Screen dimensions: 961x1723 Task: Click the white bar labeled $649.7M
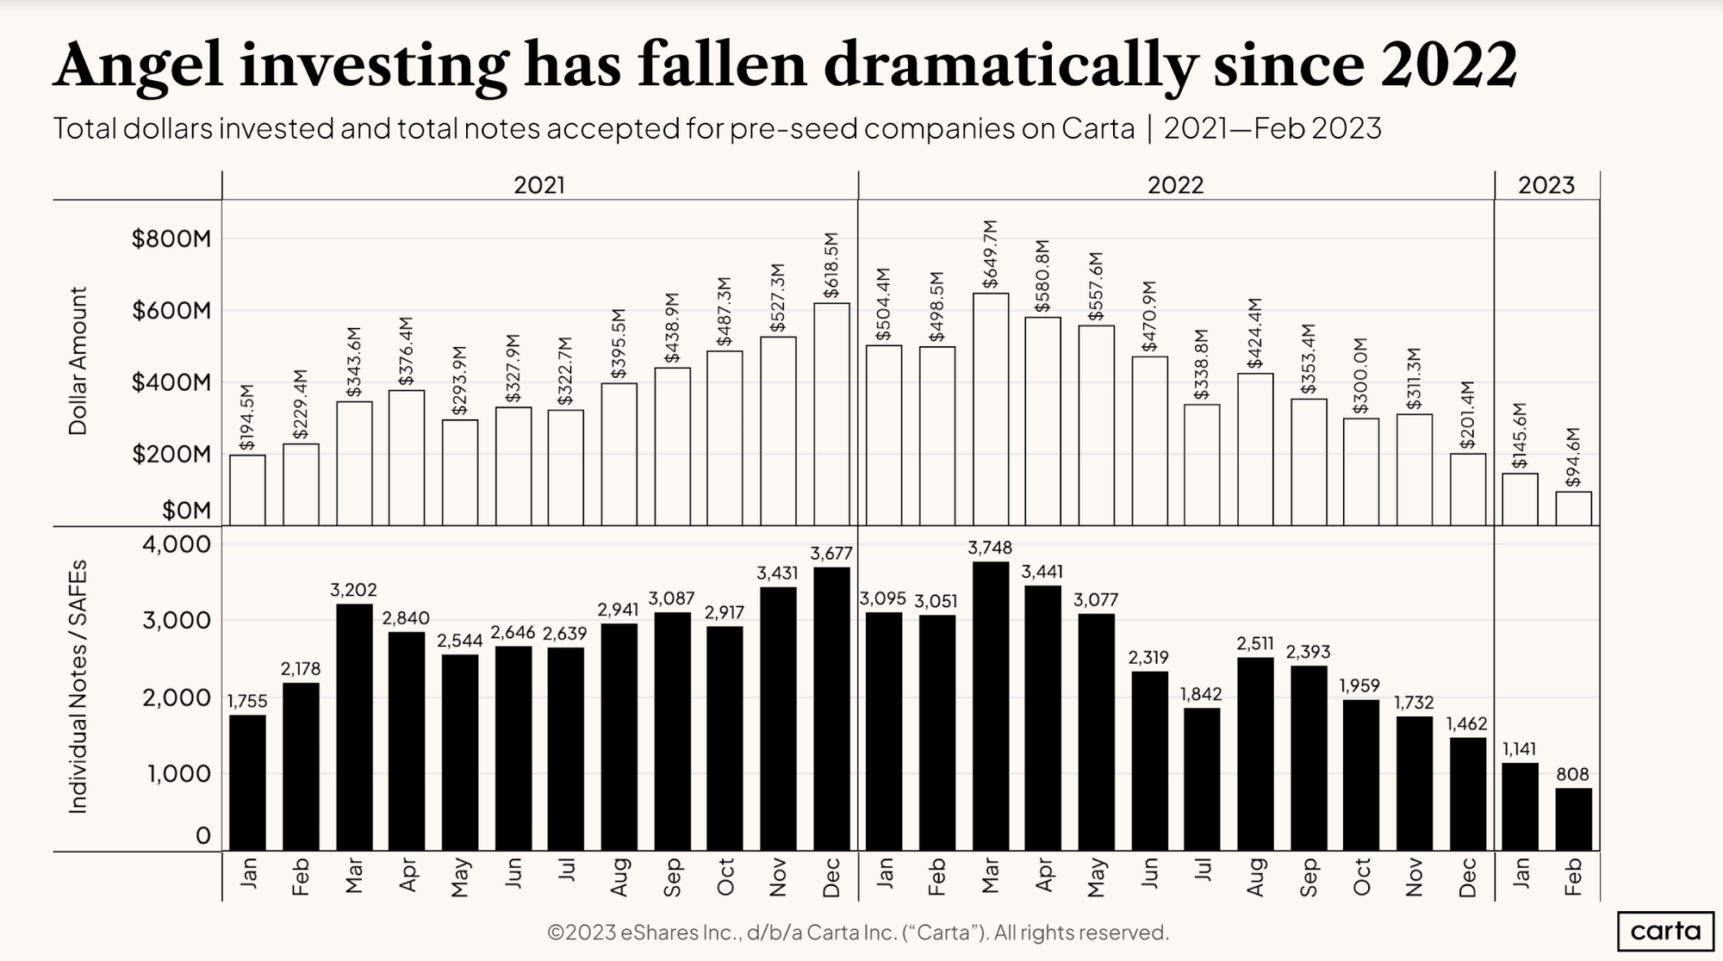click(x=990, y=409)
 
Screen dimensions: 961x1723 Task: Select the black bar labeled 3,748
click(x=990, y=706)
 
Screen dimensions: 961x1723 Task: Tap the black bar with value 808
click(x=1573, y=819)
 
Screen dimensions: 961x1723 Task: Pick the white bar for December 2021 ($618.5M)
click(x=830, y=414)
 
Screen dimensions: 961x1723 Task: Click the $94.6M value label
click(x=1573, y=457)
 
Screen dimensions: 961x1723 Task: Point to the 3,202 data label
click(x=353, y=590)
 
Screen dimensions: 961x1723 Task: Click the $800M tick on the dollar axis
click(x=171, y=239)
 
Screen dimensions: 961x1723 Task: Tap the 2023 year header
click(x=1546, y=185)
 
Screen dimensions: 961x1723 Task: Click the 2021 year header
click(x=539, y=185)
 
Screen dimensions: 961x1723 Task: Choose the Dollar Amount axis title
click(x=78, y=362)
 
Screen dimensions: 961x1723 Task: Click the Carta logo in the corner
click(x=1664, y=930)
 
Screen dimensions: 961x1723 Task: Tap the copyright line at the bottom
click(x=857, y=932)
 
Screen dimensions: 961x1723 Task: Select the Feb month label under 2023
click(x=1573, y=877)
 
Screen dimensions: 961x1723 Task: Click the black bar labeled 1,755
click(x=247, y=783)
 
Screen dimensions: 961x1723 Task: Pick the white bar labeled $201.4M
click(x=1467, y=489)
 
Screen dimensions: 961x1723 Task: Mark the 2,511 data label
click(x=1254, y=643)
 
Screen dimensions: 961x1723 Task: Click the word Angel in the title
click(x=138, y=65)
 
